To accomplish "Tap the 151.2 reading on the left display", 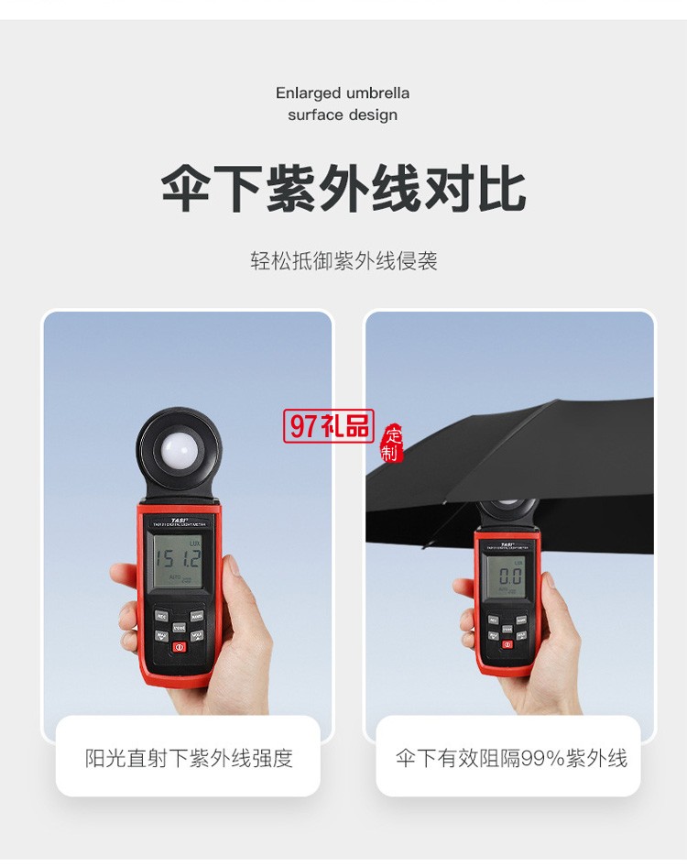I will pyautogui.click(x=177, y=557).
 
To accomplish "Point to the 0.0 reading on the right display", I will pyautogui.click(x=508, y=576).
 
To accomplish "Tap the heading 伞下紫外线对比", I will pyautogui.click(x=343, y=191).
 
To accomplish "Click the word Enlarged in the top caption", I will pyautogui.click(x=309, y=93).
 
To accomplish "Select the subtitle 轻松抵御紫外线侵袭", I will pyautogui.click(x=343, y=261).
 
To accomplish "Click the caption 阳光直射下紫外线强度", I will pyautogui.click(x=189, y=758).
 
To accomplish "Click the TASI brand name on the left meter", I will pyautogui.click(x=179, y=520).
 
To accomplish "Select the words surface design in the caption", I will pyautogui.click(x=343, y=115).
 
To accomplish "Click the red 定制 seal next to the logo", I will pyautogui.click(x=392, y=444).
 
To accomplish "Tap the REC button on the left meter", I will pyautogui.click(x=161, y=616).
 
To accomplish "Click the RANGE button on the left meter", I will pyautogui.click(x=196, y=616).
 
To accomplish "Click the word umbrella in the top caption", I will pyautogui.click(x=377, y=93).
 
